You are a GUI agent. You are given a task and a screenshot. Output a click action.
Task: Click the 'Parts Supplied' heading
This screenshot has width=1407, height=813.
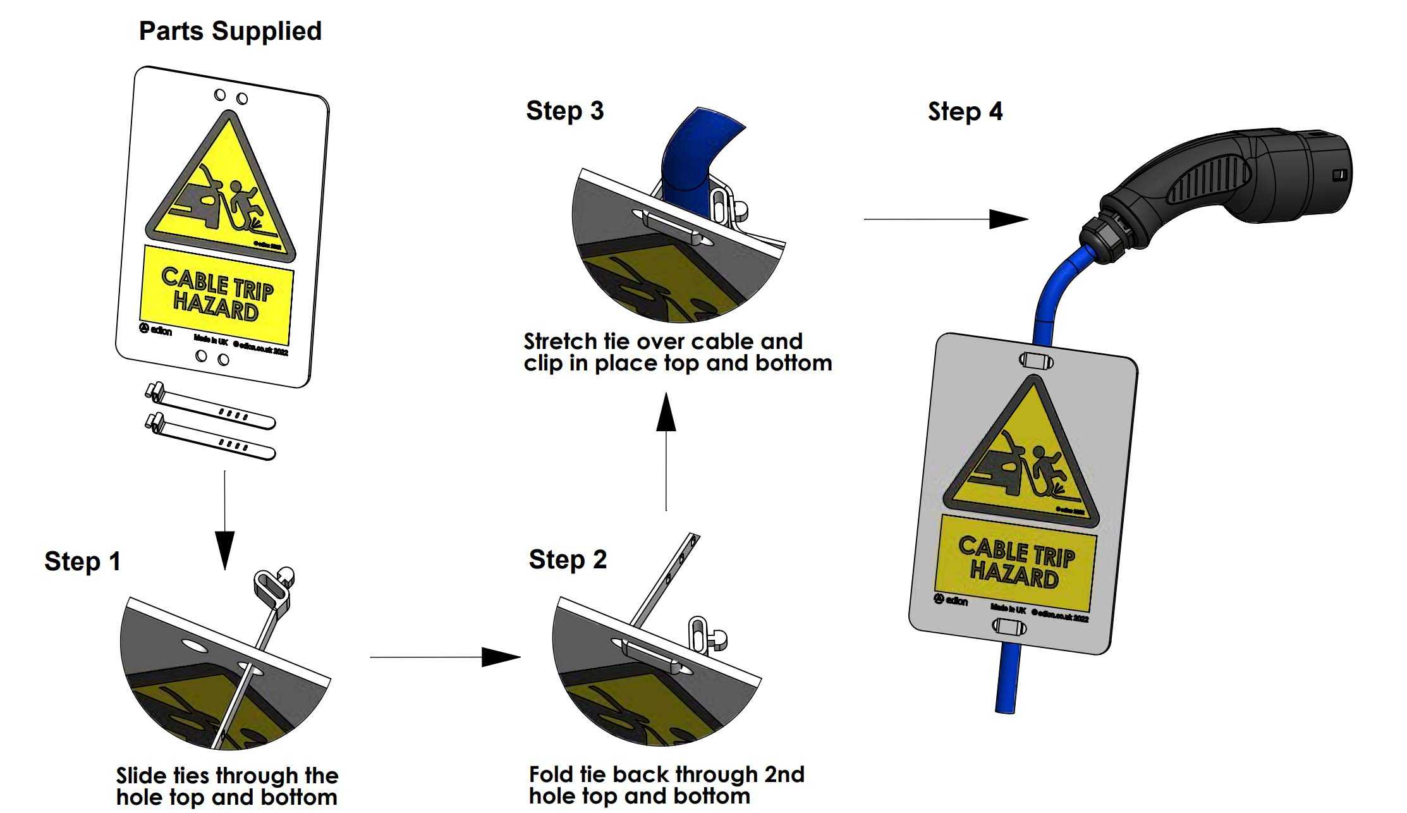(x=230, y=31)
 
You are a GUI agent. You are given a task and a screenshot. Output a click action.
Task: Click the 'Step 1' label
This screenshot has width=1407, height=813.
(x=82, y=561)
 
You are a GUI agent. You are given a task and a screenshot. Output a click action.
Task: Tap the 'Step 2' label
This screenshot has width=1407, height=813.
(x=568, y=559)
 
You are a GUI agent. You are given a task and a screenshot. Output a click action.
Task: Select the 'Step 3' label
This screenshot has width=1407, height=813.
(x=565, y=111)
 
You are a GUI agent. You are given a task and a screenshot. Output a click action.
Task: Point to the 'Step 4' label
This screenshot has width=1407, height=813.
(x=965, y=112)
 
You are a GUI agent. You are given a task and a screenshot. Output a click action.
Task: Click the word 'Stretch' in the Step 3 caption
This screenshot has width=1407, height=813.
(x=560, y=342)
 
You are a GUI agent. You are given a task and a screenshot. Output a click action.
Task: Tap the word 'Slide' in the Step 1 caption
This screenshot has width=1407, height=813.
(x=140, y=776)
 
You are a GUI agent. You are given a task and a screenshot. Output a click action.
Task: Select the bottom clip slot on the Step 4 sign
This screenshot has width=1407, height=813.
(x=1009, y=627)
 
